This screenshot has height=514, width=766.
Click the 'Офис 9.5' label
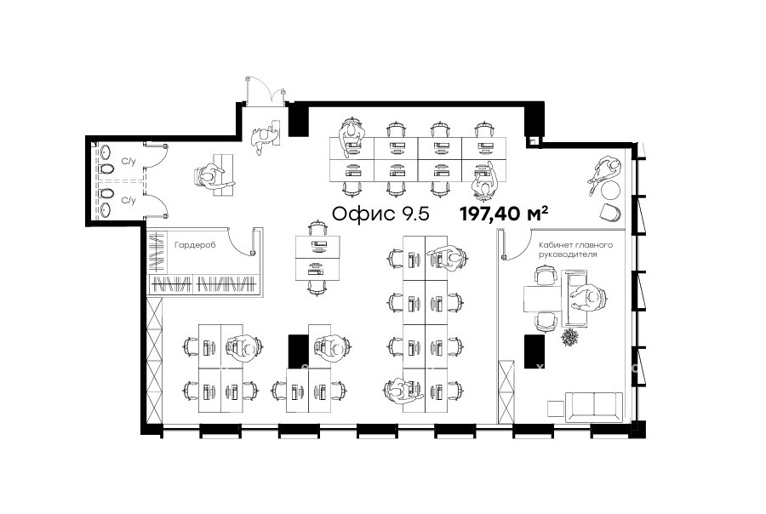pos(380,214)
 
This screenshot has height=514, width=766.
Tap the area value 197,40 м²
pos(504,214)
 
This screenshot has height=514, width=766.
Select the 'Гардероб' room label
pos(194,245)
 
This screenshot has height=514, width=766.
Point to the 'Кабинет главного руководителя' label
pos(575,249)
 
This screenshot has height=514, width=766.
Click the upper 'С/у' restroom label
pos(129,162)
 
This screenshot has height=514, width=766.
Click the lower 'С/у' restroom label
pos(129,200)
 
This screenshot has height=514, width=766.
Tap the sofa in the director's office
pos(594,407)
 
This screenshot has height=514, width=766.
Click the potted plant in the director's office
pos(569,337)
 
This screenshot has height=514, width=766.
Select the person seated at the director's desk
pos(589,298)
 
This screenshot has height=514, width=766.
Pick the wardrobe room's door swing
pos(243,243)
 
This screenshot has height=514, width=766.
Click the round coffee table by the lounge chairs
pos(610,190)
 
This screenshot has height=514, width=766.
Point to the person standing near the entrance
pos(264,136)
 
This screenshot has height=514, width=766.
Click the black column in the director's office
pos(534,351)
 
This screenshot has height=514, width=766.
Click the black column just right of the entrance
pos(299,120)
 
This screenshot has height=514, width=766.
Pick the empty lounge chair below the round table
pos(610,214)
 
